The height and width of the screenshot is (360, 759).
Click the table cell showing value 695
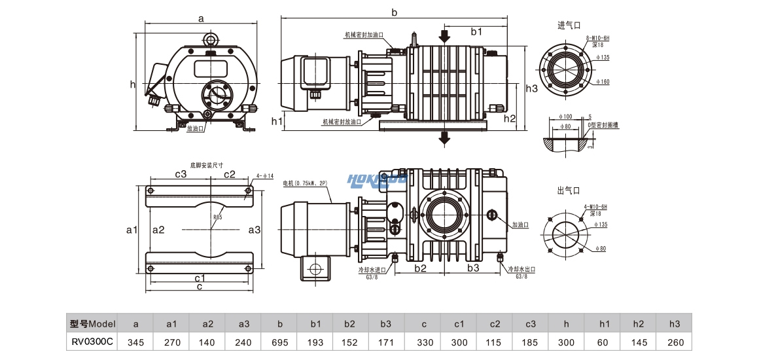[280, 342]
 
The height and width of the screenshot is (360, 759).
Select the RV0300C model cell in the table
[92, 342]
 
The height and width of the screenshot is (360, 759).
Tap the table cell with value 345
[135, 342]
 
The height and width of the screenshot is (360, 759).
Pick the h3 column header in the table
[676, 323]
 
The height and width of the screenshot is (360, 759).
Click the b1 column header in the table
[316, 323]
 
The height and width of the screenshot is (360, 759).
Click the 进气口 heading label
[569, 26]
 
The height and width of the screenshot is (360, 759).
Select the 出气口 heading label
[569, 190]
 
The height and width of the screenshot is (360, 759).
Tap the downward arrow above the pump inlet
[445, 35]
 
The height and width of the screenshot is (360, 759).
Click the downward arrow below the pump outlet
[445, 136]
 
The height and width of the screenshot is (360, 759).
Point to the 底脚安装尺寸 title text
[206, 166]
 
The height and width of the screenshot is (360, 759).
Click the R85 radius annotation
[217, 217]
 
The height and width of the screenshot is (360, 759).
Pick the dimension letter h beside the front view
[132, 84]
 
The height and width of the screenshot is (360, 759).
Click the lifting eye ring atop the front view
[211, 39]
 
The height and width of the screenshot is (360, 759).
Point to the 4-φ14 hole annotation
[265, 175]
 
